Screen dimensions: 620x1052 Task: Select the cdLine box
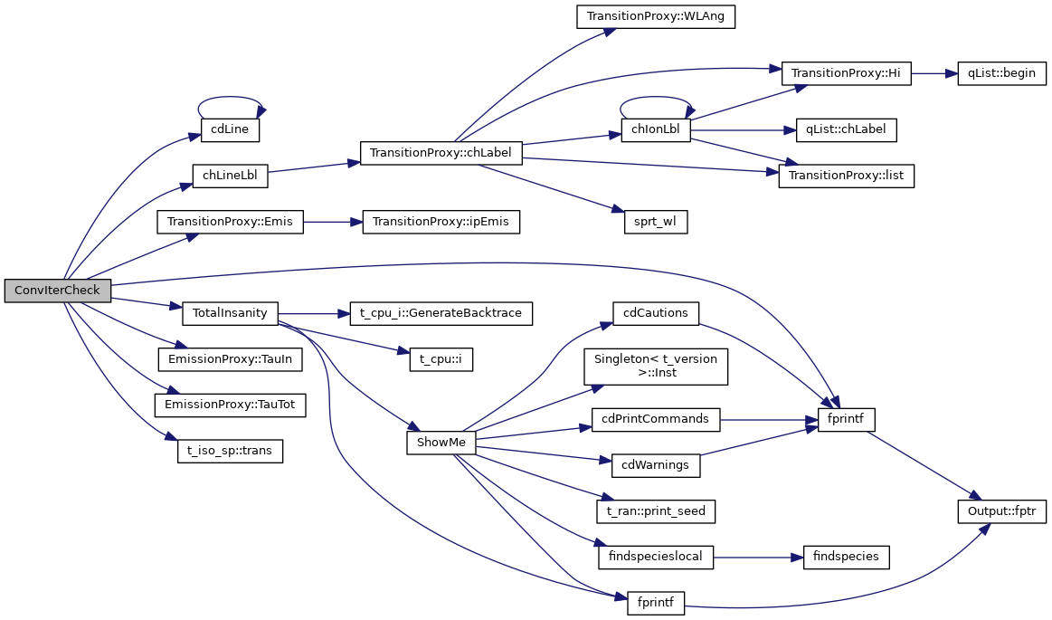click(230, 130)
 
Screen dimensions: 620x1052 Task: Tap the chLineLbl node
click(230, 176)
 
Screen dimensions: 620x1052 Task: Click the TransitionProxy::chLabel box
click(441, 153)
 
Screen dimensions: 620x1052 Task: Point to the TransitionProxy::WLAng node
click(656, 17)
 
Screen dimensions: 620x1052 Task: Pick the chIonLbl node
click(656, 130)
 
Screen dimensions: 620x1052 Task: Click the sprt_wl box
click(656, 222)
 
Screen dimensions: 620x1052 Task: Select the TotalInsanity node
click(230, 313)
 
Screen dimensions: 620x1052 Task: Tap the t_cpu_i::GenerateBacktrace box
click(441, 313)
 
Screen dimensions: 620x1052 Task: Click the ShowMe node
click(441, 443)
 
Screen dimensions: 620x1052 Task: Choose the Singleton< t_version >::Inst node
click(656, 366)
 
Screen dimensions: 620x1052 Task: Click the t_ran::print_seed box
click(656, 511)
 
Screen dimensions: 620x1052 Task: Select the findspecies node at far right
click(847, 557)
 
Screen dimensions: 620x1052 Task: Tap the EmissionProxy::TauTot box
click(230, 405)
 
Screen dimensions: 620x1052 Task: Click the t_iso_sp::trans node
click(230, 450)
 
